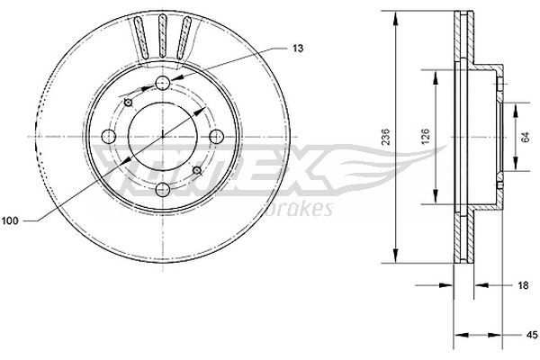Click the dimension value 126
point(426,136)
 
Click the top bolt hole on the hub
point(163,84)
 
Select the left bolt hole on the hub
point(110,137)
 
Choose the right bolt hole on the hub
point(216,137)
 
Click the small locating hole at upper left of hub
point(130,103)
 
